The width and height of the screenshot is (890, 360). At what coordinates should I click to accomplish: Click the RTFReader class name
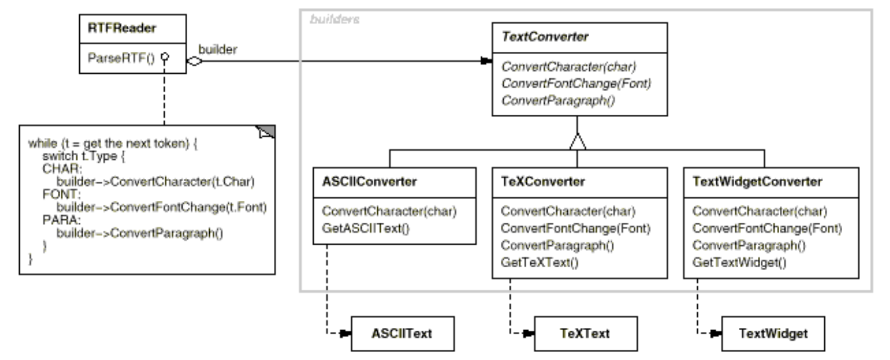[x=122, y=28]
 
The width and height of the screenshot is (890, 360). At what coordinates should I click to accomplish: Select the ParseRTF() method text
[x=121, y=58]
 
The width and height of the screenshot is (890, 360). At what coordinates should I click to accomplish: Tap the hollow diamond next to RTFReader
[x=194, y=62]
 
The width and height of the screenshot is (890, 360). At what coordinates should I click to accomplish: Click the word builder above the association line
[x=218, y=49]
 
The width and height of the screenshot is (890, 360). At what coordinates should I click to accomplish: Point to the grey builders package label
[x=335, y=20]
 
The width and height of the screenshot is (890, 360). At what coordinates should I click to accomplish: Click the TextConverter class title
[x=545, y=37]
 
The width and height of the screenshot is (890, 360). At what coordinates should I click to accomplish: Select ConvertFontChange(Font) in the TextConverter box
[x=576, y=84]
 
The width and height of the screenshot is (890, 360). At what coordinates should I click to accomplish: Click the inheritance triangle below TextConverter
[x=577, y=141]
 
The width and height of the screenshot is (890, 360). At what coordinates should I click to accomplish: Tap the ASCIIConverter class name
[x=369, y=182]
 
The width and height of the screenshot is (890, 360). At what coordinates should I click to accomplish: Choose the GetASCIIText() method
[x=365, y=228]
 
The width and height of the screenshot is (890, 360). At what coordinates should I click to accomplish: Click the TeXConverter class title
[x=543, y=182]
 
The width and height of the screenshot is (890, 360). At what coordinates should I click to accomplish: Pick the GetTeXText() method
[x=539, y=262]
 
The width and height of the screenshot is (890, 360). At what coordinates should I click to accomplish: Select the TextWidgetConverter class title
[x=757, y=182]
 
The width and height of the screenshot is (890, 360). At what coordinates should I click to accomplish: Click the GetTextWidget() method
[x=739, y=262]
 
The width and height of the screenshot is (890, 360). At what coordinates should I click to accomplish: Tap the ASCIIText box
[x=402, y=334]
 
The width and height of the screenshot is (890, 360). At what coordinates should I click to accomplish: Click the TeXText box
[x=585, y=334]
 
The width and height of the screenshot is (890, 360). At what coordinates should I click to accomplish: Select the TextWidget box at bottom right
[x=773, y=334]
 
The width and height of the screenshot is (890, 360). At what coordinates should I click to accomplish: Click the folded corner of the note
[x=266, y=132]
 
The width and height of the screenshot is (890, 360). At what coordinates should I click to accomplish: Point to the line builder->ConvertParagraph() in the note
[x=139, y=233]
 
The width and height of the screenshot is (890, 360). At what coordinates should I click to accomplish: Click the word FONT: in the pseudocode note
[x=61, y=195]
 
